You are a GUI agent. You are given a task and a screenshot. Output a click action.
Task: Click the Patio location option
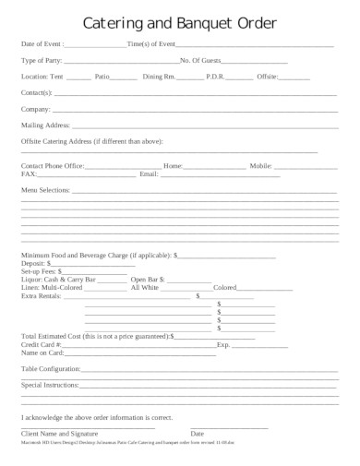click(x=102, y=77)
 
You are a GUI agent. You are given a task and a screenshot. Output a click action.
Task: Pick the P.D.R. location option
click(x=215, y=77)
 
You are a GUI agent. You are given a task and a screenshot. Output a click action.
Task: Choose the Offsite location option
click(x=267, y=77)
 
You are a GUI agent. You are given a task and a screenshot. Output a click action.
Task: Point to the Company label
click(x=36, y=108)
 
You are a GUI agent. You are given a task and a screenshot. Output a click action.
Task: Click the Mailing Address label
click(x=44, y=124)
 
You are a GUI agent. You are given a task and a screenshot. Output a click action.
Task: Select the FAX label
click(x=29, y=173)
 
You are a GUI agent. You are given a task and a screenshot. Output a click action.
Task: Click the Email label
click(x=149, y=173)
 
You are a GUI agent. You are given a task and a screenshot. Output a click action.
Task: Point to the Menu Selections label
click(x=45, y=189)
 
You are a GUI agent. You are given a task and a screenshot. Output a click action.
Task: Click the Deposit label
click(x=34, y=263)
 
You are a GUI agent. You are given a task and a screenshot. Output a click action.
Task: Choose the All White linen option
click(x=145, y=288)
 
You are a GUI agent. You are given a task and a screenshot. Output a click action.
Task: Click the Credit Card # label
click(x=43, y=344)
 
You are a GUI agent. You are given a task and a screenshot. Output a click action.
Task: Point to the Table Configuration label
click(x=51, y=368)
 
